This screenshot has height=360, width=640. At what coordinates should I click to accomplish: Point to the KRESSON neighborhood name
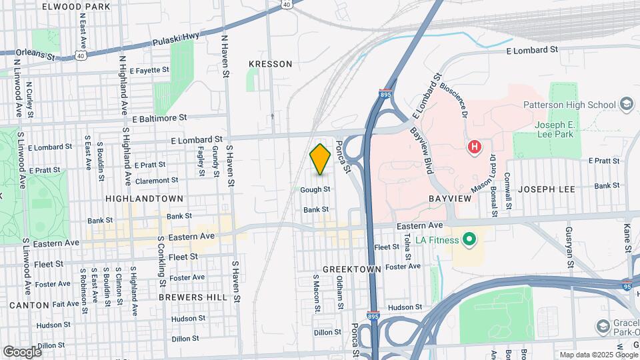[270, 64]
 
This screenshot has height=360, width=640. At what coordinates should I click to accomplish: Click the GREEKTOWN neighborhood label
[351, 269]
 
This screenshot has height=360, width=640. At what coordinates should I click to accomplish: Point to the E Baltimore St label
[159, 119]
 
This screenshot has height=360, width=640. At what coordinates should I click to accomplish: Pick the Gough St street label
[315, 190]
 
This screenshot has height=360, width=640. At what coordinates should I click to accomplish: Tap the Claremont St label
[157, 180]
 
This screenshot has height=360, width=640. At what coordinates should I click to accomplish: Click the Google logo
[22, 351]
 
